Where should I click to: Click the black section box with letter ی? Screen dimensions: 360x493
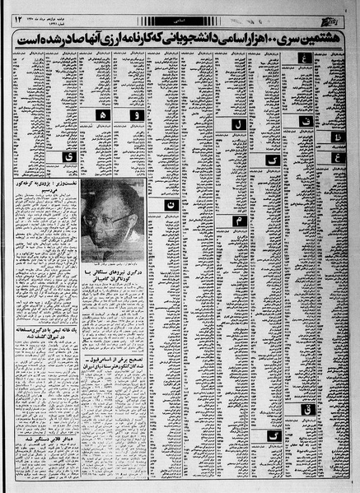57,156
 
